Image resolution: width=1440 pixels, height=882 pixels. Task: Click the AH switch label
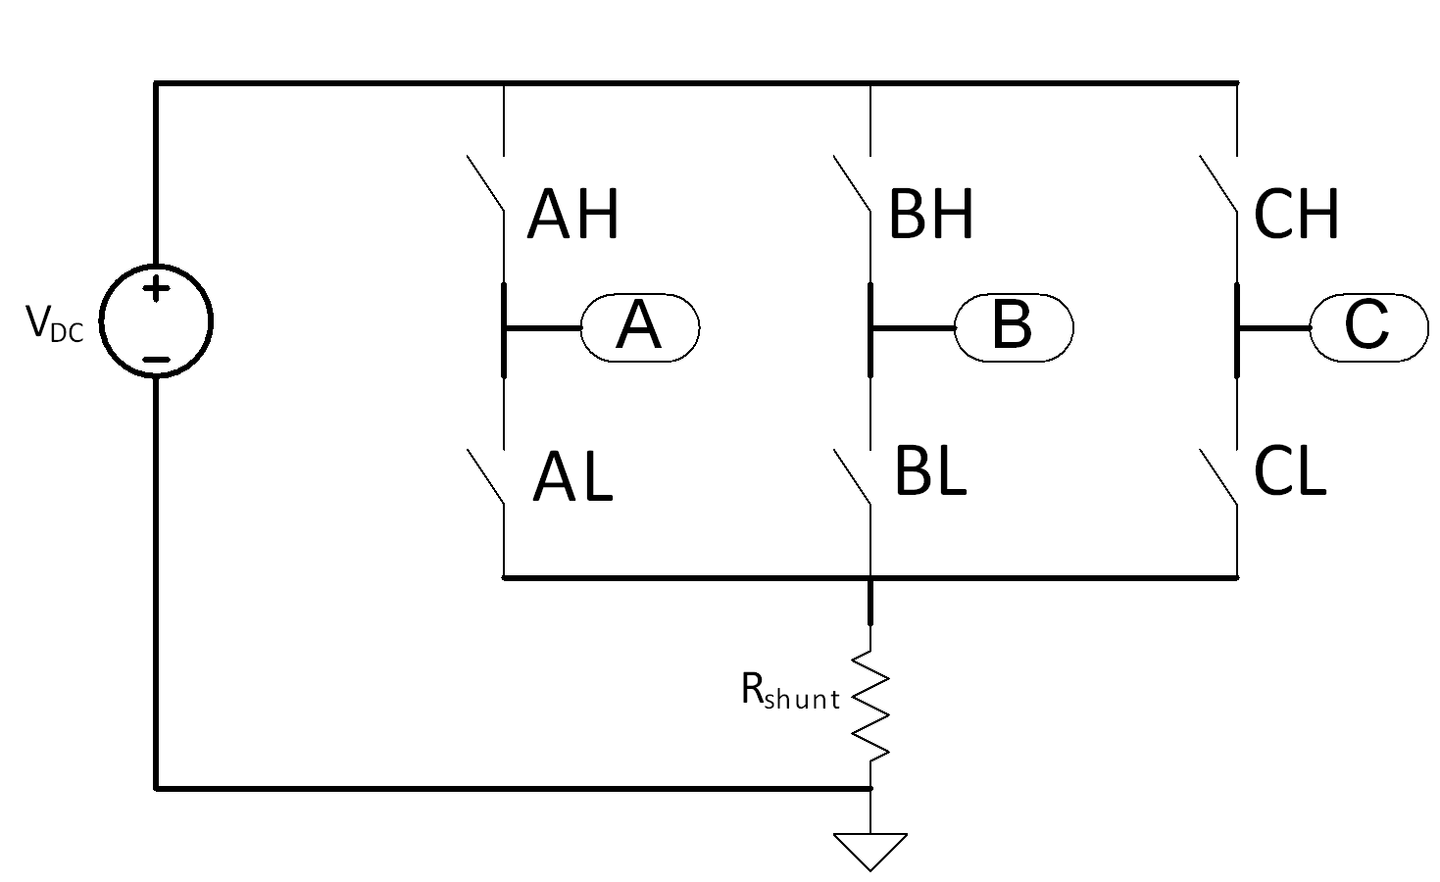pyautogui.click(x=573, y=216)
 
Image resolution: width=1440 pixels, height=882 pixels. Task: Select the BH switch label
pyautogui.click(x=930, y=216)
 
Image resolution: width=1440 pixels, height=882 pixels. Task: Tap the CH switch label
pyautogui.click(x=1296, y=216)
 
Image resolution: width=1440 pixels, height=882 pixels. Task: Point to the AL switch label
pyautogui.click(x=572, y=479)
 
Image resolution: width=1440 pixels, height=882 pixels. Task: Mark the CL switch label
pyautogui.click(x=1290, y=472)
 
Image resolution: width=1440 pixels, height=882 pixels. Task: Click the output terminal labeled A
pyautogui.click(x=639, y=327)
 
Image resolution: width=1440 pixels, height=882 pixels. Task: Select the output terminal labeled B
pyautogui.click(x=1014, y=326)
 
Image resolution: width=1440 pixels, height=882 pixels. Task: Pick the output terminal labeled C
pyautogui.click(x=1368, y=326)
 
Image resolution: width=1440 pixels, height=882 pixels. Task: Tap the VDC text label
pyautogui.click(x=55, y=323)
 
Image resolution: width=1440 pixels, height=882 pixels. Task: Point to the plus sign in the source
pyautogui.click(x=156, y=288)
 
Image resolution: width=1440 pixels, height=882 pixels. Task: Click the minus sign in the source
pyautogui.click(x=156, y=360)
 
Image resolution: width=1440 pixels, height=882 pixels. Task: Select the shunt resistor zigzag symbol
pyautogui.click(x=870, y=704)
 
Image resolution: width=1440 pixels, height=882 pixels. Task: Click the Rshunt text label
pyautogui.click(x=790, y=694)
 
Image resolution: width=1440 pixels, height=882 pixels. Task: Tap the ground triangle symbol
pyautogui.click(x=870, y=849)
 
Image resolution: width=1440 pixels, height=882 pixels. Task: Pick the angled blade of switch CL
pyautogui.click(x=1218, y=477)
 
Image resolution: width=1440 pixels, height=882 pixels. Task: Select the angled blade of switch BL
pyautogui.click(x=852, y=477)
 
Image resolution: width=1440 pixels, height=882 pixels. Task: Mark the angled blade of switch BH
pyautogui.click(x=852, y=183)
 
